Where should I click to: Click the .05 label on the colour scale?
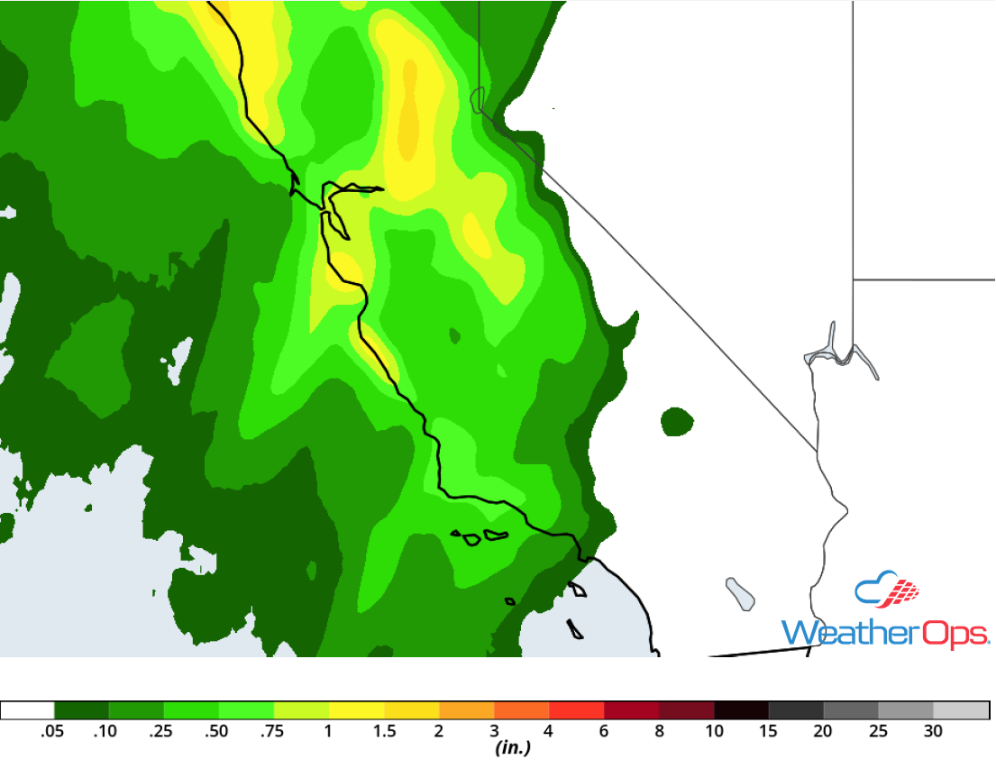pos(53,731)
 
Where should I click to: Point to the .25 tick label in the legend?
pos(163,731)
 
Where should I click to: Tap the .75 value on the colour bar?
pos(273,731)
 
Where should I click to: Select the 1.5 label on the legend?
pos(385,731)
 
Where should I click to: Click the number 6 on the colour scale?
pos(605,731)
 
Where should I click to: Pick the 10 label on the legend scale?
pos(714,731)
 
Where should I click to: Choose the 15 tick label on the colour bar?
pos(769,731)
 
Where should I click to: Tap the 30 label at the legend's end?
pos(933,731)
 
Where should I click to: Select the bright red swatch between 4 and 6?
pos(577,709)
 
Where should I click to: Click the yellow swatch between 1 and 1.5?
pos(357,709)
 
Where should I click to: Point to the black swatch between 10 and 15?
pos(741,709)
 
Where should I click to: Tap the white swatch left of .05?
pos(28,709)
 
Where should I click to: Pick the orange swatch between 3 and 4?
pos(522,709)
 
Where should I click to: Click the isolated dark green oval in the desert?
pos(677,421)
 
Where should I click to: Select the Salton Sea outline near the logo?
pos(740,592)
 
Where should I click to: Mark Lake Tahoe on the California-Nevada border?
pos(478,98)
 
